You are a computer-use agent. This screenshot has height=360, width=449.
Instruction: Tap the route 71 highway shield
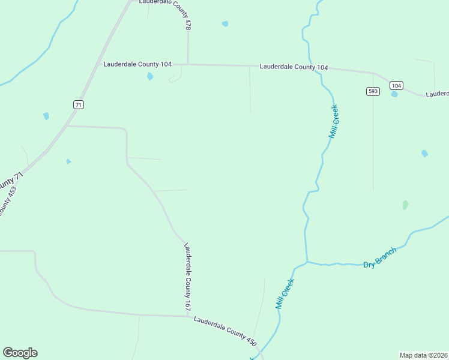[x=78, y=104]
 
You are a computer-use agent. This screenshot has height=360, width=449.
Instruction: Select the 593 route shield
[x=373, y=91]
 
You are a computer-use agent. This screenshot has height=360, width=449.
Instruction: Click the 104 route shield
[x=396, y=85]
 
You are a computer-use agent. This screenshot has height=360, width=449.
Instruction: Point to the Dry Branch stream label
[x=380, y=258]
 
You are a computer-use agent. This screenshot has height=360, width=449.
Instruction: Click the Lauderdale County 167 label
[x=188, y=277]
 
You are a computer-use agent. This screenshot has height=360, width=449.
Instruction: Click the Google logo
[x=20, y=353]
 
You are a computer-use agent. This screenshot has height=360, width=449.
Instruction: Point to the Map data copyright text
[x=424, y=355]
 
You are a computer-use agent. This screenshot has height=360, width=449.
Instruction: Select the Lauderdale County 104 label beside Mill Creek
[x=294, y=67]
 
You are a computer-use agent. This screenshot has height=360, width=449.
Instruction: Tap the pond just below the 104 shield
[x=394, y=94]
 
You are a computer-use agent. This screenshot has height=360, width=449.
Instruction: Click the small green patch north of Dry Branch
[x=405, y=205]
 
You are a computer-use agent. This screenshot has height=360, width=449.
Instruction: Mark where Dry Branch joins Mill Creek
[x=307, y=262]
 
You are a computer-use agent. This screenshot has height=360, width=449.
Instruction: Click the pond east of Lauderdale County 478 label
[x=224, y=24]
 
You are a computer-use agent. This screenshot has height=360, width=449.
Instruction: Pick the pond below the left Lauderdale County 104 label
[x=150, y=76]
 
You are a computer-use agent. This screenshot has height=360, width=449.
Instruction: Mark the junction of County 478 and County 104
[x=188, y=64]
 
